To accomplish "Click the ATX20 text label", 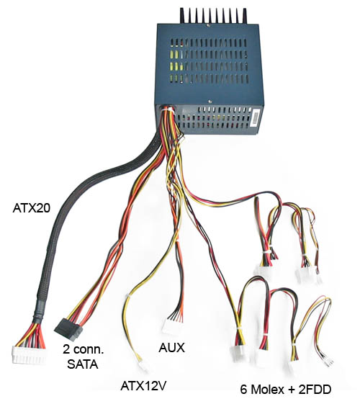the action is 32,208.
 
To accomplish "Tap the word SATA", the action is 82,364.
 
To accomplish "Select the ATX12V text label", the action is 143,386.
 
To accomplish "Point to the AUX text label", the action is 171,348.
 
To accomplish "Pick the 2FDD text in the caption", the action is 315,390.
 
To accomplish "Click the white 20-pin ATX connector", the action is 29,354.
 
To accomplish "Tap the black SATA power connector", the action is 68,329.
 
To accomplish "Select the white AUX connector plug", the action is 171,326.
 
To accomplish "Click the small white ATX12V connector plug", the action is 143,367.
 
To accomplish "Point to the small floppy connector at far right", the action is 329,361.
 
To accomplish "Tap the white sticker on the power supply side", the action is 256,118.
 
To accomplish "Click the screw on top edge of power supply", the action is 208,25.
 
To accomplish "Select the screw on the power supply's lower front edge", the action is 210,102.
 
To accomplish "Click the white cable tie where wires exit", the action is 167,110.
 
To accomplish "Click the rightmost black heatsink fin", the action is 244,16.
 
